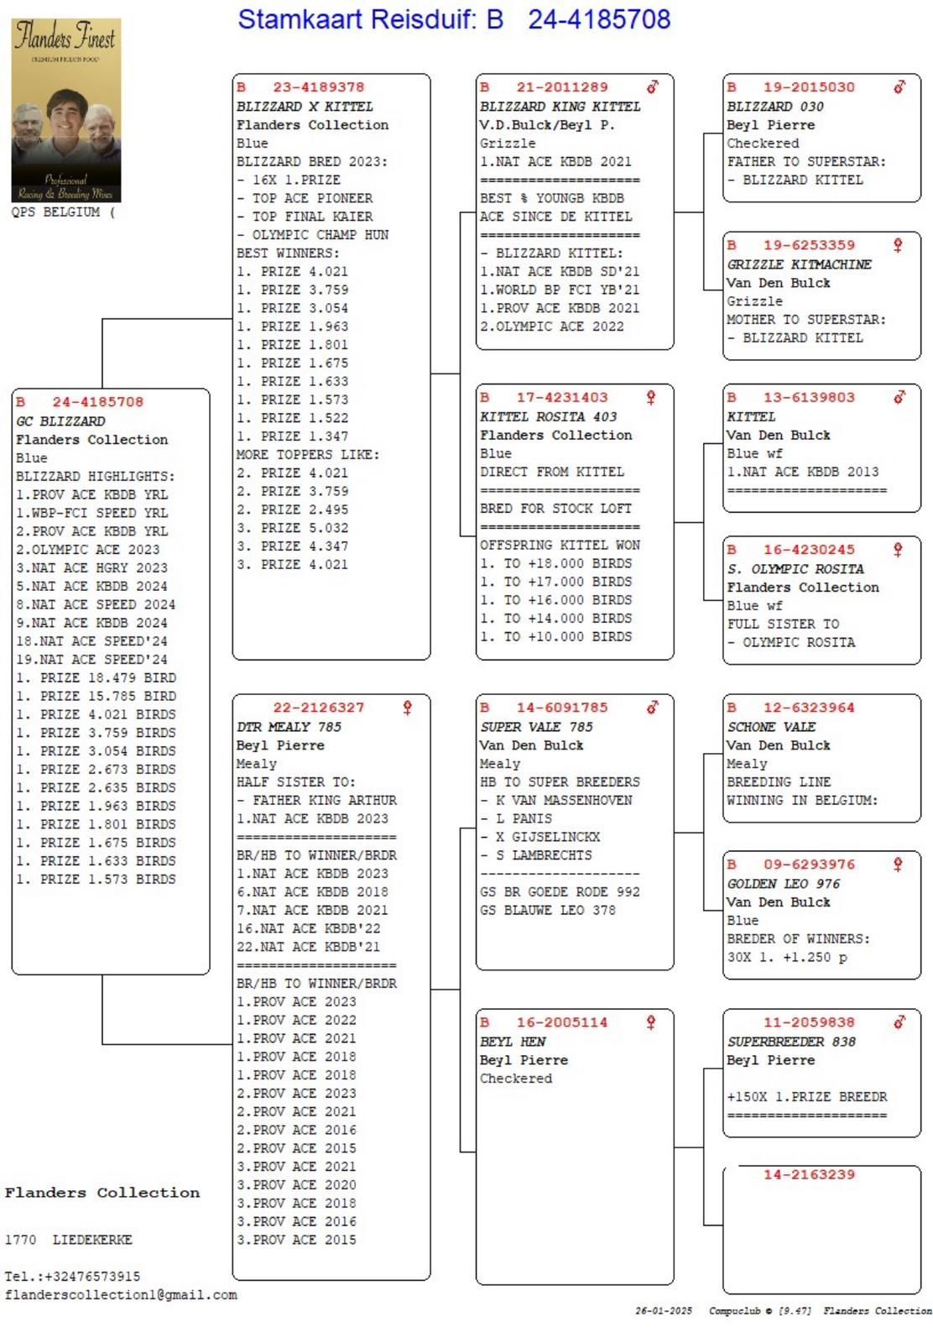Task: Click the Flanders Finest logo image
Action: pyautogui.click(x=66, y=110)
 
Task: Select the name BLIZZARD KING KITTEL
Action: pyautogui.click(x=560, y=107)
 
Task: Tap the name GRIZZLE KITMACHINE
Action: pyautogui.click(x=799, y=264)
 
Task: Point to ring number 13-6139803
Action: pyautogui.click(x=808, y=398)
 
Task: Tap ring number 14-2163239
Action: pyautogui.click(x=809, y=1174)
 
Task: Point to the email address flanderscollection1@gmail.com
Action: pyautogui.click(x=121, y=1295)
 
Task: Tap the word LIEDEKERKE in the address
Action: pyautogui.click(x=92, y=1240)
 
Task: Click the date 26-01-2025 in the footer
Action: pyautogui.click(x=664, y=1311)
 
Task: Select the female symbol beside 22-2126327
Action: pyautogui.click(x=408, y=708)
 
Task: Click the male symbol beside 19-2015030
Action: pyautogui.click(x=899, y=86)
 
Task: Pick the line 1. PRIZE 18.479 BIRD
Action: pyautogui.click(x=96, y=678)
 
